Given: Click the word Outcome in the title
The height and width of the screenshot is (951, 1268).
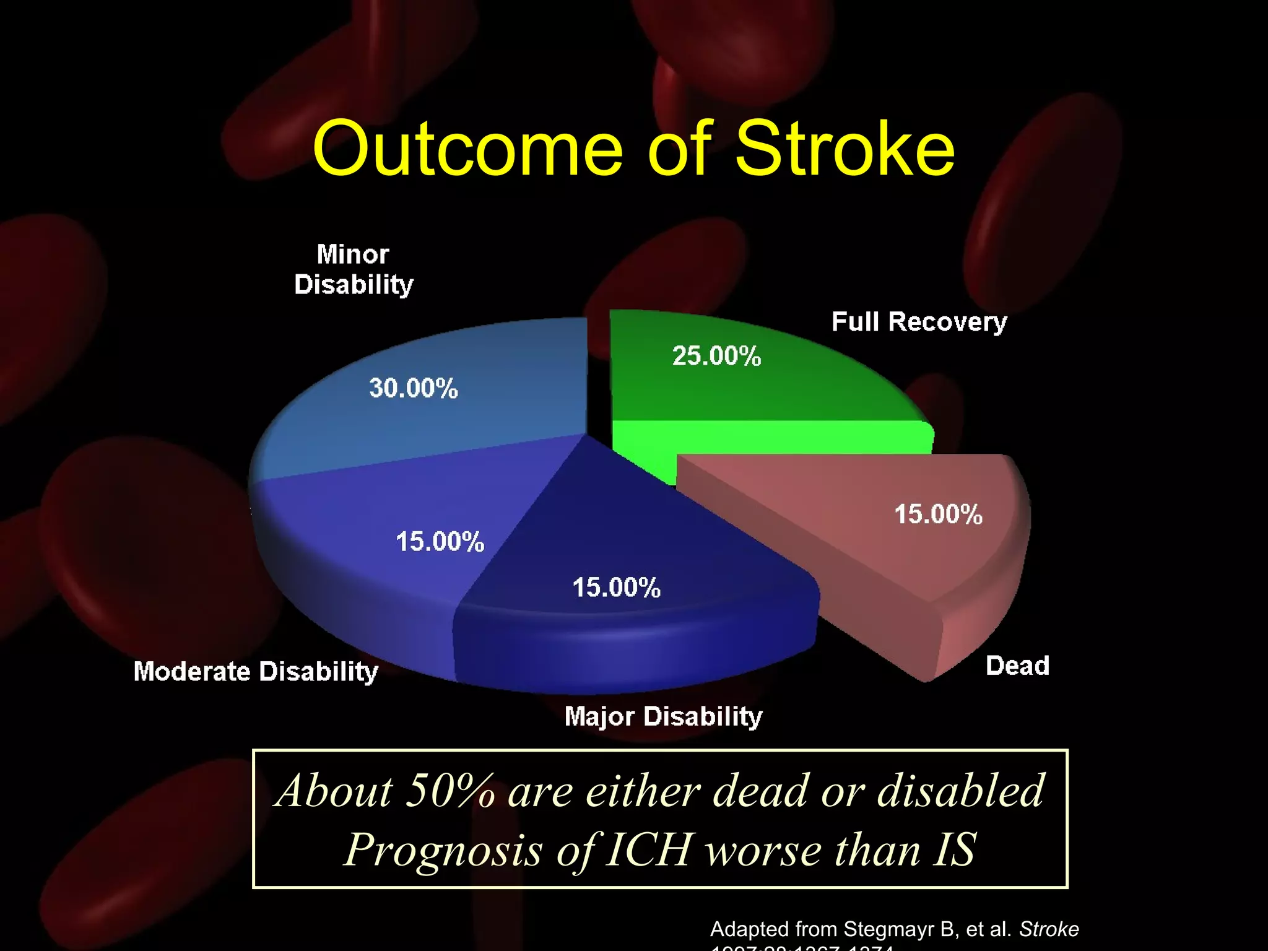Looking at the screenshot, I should click(x=467, y=149).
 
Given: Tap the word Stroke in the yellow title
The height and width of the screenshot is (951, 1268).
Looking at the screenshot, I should click(x=845, y=149).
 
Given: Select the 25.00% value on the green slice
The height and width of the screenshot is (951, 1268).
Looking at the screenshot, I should click(x=716, y=356).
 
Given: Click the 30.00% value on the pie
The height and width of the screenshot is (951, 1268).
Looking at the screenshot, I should click(x=414, y=388).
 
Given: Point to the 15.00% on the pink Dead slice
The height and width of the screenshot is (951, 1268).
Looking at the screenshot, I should click(x=938, y=515).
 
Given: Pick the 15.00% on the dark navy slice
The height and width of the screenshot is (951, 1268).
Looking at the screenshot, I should click(x=616, y=588).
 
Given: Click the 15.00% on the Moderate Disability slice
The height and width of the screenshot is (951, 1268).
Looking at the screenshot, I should click(x=440, y=542).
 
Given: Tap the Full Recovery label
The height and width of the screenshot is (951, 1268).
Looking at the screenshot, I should click(x=919, y=322).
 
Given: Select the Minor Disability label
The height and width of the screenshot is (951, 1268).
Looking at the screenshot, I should click(x=354, y=270).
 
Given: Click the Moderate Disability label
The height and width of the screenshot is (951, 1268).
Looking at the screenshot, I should click(x=256, y=672).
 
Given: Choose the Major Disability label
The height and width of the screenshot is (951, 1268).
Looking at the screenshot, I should click(x=663, y=716).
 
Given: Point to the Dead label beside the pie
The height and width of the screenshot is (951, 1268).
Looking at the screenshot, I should click(x=1017, y=666).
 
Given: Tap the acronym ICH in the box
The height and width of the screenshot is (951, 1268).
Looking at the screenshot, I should click(x=648, y=849).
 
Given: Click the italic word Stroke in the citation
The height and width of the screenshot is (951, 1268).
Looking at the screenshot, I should click(x=1049, y=929).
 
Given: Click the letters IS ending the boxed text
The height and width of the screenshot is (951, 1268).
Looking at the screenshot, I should click(x=955, y=849).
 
